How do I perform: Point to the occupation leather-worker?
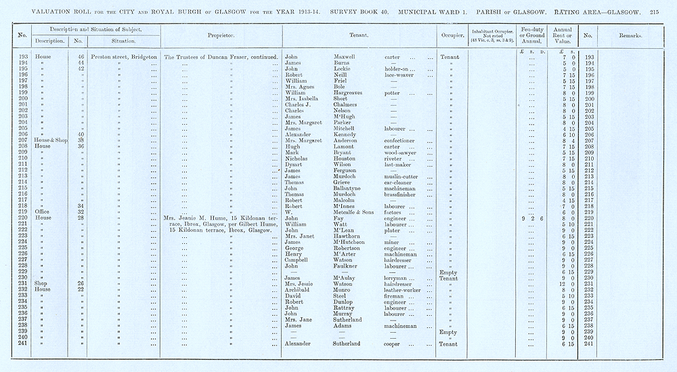[x=404, y=289]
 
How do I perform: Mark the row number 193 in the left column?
[x=22, y=57]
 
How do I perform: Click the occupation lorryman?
[x=398, y=277]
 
